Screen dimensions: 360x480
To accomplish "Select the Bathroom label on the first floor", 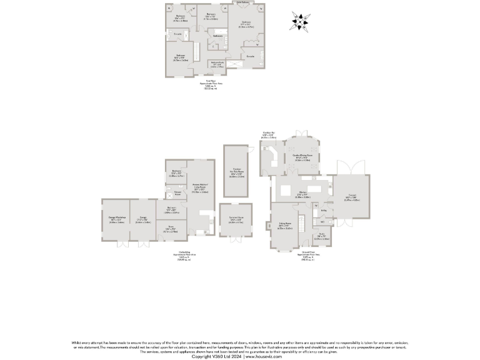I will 217,36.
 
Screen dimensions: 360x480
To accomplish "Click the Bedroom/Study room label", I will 217,63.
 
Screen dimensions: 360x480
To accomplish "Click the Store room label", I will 171,229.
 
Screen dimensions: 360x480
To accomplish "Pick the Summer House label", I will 236,220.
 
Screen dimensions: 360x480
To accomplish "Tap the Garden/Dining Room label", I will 303,158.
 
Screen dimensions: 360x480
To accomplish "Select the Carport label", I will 353,199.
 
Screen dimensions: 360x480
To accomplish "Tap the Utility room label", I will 324,211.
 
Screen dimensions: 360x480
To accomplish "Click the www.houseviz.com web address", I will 263,356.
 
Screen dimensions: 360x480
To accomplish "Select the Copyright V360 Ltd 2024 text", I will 217,356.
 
